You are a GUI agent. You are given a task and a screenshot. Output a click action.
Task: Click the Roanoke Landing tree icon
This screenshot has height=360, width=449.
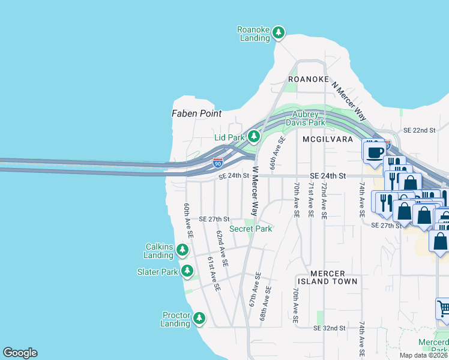click(278, 32)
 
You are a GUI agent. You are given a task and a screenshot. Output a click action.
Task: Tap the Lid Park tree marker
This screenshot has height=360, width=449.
click(254, 137)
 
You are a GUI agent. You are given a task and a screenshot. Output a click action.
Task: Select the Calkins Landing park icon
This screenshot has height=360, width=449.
click(186, 249)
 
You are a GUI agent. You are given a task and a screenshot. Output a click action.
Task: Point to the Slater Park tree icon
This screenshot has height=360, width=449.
click(187, 271)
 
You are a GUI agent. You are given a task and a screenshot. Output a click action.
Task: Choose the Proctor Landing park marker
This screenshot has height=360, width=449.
click(199, 317)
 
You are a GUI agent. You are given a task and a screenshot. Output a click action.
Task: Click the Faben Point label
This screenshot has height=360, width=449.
click(196, 113)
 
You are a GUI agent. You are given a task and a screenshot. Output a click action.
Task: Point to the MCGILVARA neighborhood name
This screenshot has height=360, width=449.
click(328, 139)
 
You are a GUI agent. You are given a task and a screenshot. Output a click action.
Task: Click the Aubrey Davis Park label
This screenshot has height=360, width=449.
click(309, 118)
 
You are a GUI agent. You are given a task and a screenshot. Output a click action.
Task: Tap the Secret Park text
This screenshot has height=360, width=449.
click(250, 229)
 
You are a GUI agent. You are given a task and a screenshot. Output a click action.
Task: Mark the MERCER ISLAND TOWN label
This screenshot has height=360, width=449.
click(328, 281)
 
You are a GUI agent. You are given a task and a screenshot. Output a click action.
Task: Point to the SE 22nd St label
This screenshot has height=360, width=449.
click(418, 130)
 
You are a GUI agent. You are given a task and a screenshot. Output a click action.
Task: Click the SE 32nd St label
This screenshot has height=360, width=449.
click(330, 328)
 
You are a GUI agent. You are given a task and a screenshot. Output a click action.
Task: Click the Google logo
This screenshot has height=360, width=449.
click(20, 353)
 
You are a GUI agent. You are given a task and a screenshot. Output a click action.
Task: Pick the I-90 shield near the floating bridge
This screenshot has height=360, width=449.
click(218, 163)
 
